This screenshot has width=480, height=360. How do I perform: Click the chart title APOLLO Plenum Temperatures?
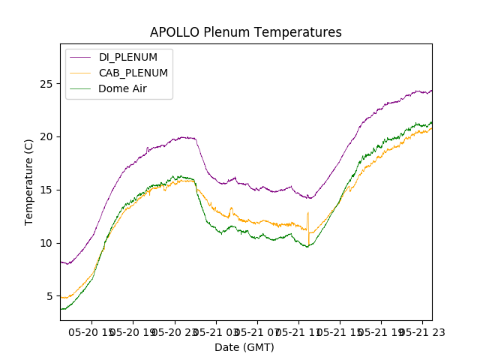coord(245,32)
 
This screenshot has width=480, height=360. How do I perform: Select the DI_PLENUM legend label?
coord(128,57)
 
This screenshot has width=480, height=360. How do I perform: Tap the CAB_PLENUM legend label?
coord(133,73)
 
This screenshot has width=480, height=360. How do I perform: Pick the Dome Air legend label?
coord(122,88)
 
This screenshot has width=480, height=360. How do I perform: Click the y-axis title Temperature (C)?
coord(29,182)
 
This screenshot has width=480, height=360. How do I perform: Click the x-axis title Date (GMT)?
coord(244,347)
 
